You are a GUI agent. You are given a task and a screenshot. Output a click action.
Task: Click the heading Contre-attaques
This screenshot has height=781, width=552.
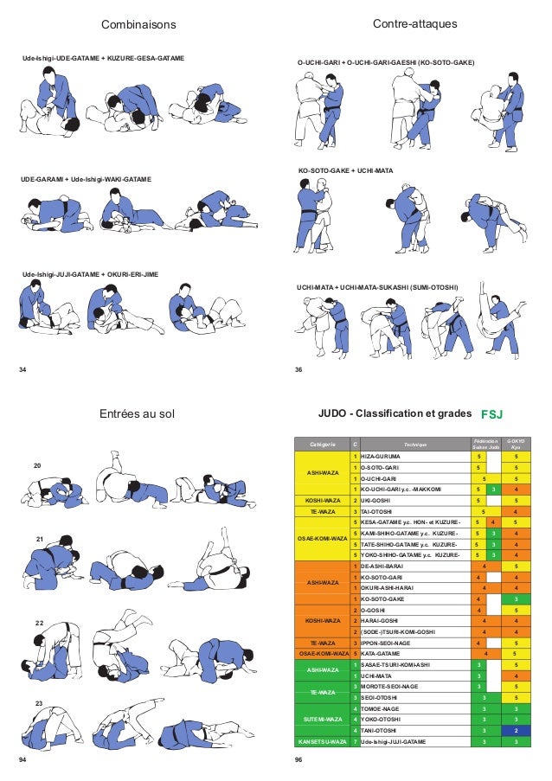tap(414, 23)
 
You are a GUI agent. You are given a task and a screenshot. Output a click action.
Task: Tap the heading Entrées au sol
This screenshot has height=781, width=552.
tap(138, 414)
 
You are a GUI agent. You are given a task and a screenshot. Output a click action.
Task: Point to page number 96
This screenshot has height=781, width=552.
tap(298, 759)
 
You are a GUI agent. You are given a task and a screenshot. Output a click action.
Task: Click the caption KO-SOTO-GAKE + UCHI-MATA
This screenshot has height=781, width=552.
tap(345, 171)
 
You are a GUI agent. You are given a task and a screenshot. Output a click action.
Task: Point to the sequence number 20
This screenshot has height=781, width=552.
tap(37, 466)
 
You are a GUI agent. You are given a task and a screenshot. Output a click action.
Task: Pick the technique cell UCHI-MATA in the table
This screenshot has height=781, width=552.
tap(378, 675)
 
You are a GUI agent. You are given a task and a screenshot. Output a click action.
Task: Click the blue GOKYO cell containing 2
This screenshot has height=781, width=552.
tap(517, 730)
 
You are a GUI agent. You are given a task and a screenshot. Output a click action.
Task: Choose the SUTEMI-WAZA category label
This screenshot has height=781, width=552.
tap(322, 719)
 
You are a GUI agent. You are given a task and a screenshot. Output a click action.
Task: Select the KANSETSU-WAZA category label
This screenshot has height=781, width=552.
tap(322, 741)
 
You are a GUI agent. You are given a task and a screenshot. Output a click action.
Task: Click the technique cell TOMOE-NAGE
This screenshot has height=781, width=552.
tap(382, 708)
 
